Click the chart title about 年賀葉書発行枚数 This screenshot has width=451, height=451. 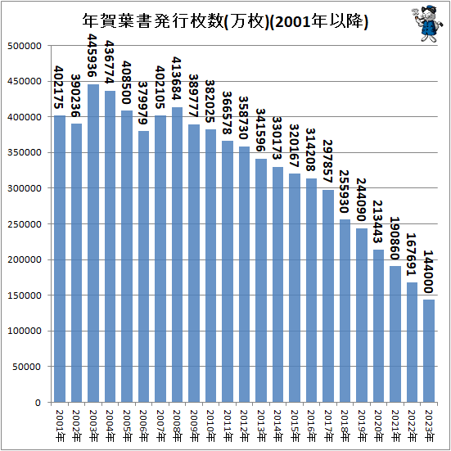(225, 21)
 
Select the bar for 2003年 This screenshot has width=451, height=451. (93, 243)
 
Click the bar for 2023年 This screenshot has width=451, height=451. (429, 351)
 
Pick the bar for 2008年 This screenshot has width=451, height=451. (177, 255)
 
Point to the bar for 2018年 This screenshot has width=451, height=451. (345, 311)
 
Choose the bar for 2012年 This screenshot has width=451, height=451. (244, 274)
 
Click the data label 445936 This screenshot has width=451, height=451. (92, 55)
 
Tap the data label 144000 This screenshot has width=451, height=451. (428, 272)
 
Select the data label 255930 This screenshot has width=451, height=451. (344, 192)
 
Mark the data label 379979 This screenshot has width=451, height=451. (142, 103)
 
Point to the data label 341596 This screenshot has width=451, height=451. (260, 130)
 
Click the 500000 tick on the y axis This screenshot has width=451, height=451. (25, 46)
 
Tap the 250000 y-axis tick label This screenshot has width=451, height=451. (25, 224)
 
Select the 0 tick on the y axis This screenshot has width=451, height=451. (38, 403)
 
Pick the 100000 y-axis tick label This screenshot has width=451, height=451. (25, 331)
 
